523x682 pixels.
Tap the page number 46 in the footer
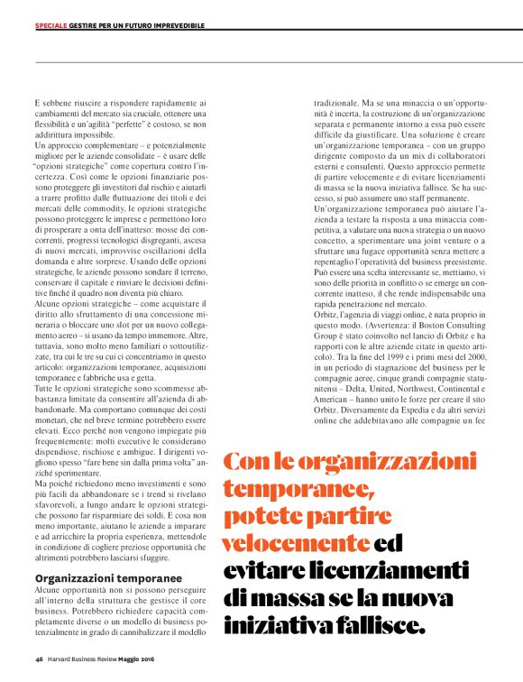pyautogui.click(x=39, y=659)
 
